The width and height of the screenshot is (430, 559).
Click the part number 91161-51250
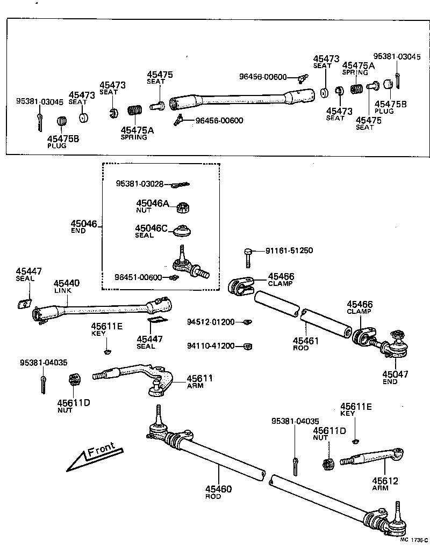289,251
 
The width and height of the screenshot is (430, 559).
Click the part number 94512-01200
211,322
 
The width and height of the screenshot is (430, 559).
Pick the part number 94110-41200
211,346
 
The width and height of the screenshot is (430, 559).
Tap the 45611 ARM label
199,381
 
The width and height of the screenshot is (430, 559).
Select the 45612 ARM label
385,484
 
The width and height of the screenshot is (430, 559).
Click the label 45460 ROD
218,492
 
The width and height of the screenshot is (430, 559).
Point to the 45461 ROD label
306,344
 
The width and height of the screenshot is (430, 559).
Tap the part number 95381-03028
139,183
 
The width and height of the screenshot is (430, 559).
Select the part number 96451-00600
138,277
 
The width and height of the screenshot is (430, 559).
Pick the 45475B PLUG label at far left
63,142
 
